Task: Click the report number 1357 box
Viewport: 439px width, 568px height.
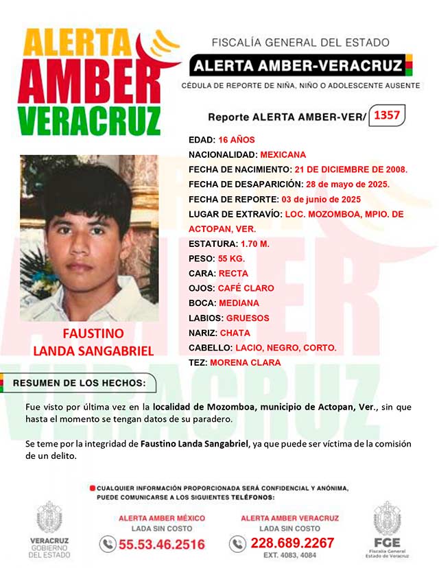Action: click(387, 115)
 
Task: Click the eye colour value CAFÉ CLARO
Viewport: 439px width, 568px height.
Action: click(246, 288)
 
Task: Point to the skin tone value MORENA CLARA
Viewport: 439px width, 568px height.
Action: click(245, 362)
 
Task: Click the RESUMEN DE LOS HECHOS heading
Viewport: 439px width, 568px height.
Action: click(80, 383)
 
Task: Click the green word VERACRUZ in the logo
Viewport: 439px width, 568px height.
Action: click(89, 121)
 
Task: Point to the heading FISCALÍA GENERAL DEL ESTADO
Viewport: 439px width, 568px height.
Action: click(300, 43)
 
